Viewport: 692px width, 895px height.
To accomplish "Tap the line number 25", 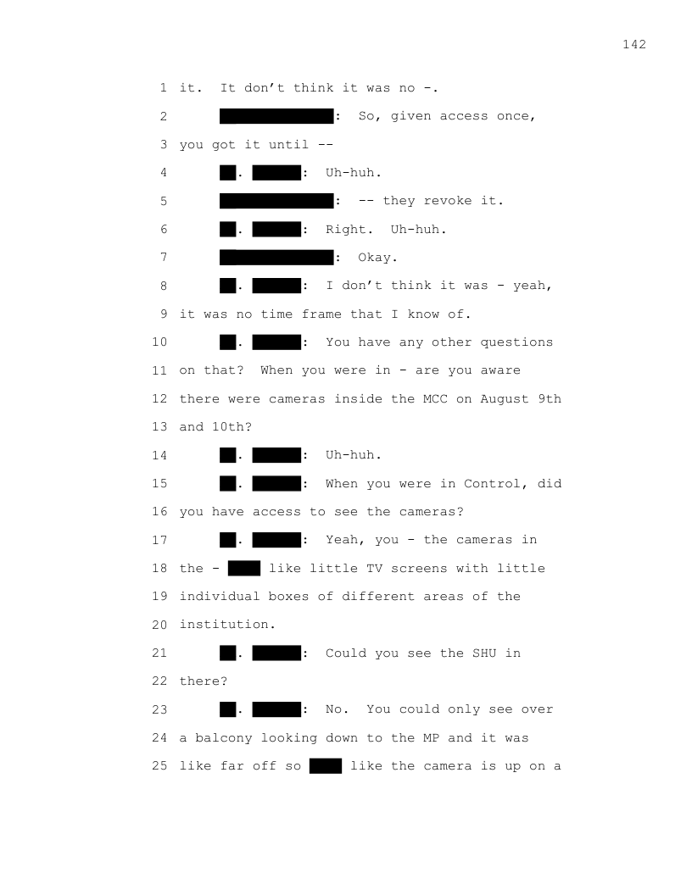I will coord(159,766).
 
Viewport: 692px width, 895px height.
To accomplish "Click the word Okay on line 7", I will coord(377,258).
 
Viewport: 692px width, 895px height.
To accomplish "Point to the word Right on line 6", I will coord(349,229).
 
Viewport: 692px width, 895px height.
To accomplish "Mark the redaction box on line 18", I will coord(244,568).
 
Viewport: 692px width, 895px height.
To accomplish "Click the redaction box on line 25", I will coord(326,766).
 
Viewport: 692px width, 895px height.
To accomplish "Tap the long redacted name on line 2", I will coord(276,116).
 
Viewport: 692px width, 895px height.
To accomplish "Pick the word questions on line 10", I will coord(516,342).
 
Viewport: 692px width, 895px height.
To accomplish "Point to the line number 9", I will coord(163,314).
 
